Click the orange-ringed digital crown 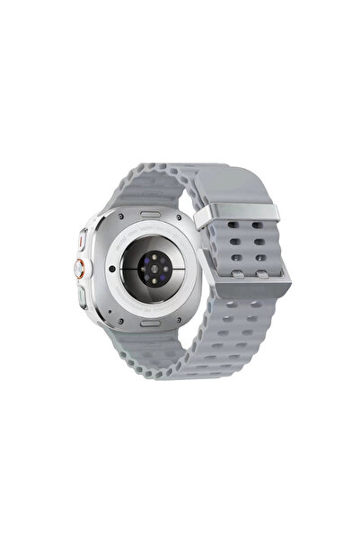[x=83, y=268]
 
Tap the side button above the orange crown [x=83, y=240]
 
